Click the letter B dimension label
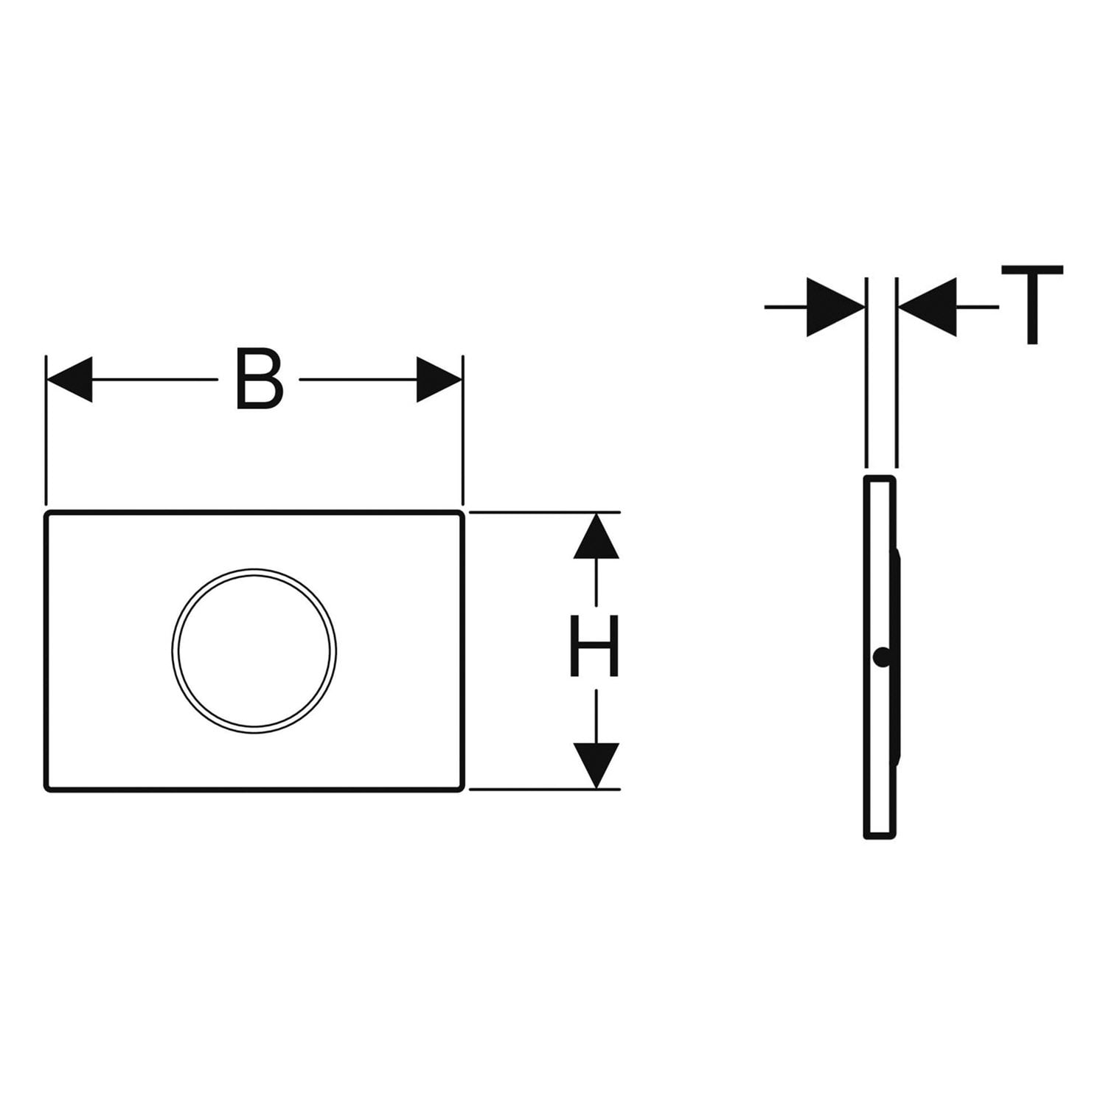click(259, 379)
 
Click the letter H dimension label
click(594, 648)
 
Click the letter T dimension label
click(1032, 305)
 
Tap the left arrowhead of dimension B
click(69, 380)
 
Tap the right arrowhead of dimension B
click(439, 380)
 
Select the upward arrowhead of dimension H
click(596, 536)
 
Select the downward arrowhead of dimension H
click(596, 766)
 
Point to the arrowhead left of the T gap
click(836, 307)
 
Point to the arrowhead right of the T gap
click(927, 307)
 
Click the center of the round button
click(254, 651)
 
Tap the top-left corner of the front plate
click(47, 512)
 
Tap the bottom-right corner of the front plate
click(462, 790)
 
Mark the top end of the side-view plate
click(880, 479)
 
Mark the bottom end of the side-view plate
click(880, 837)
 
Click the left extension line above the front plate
click(46, 431)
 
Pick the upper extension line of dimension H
click(544, 512)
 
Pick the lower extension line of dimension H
click(544, 790)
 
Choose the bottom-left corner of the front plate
click(47, 790)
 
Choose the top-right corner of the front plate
click(462, 512)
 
